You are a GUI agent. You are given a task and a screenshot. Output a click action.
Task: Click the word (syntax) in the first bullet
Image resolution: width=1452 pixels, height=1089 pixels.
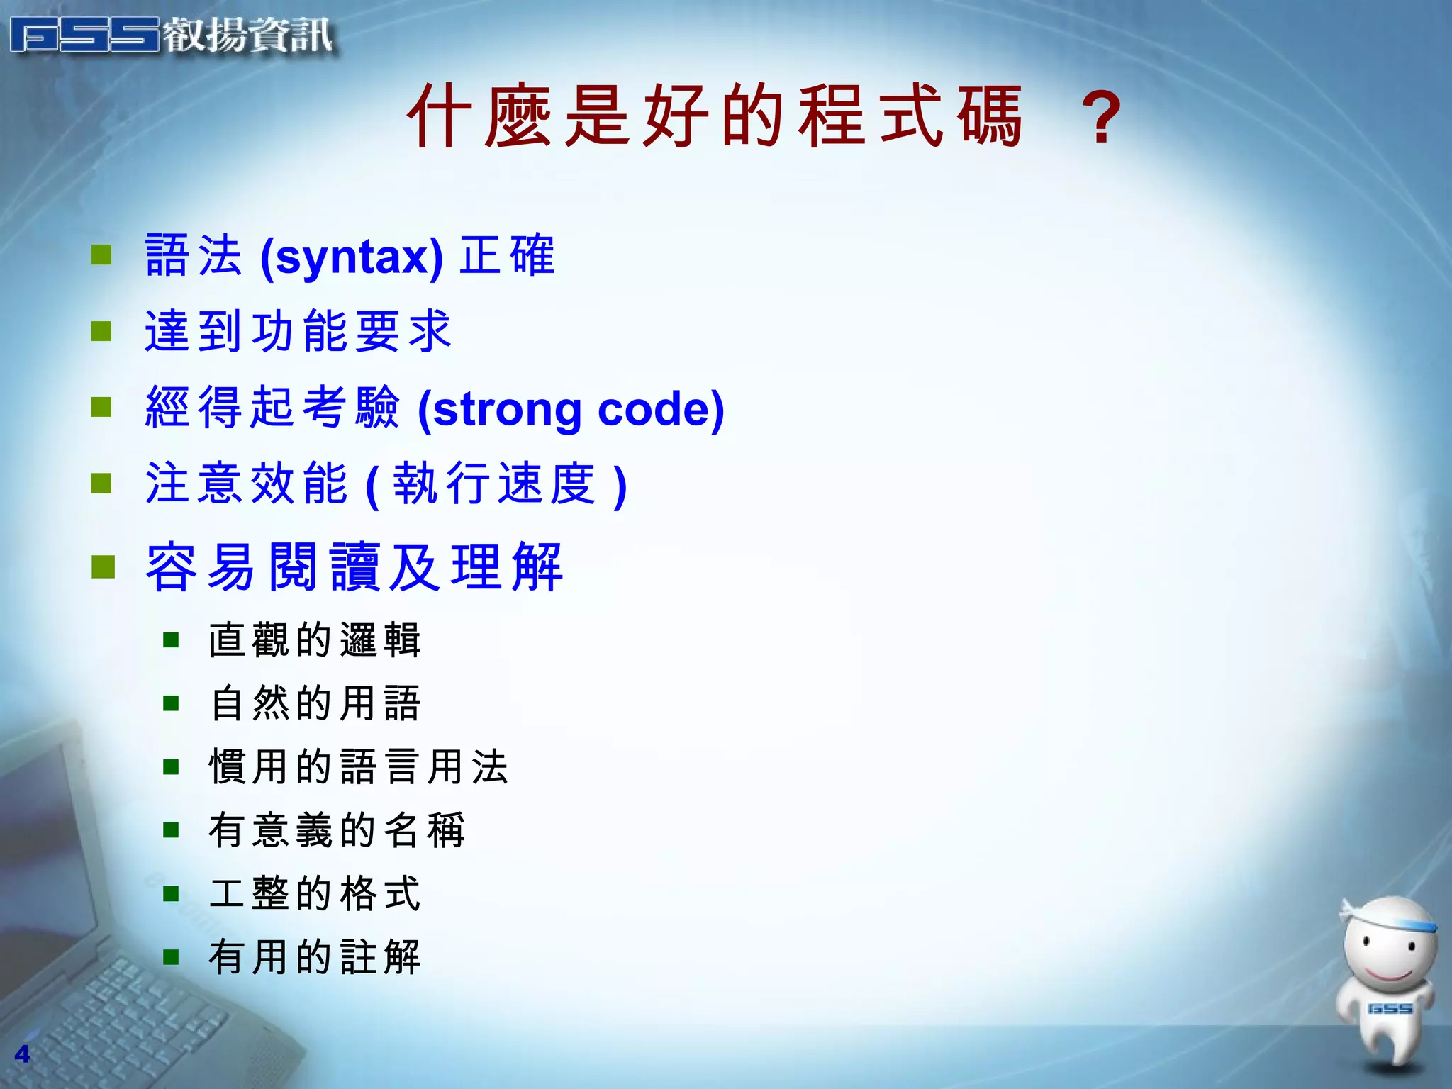coord(352,257)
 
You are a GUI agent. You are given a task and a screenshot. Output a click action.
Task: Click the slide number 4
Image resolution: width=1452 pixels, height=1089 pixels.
coord(22,1054)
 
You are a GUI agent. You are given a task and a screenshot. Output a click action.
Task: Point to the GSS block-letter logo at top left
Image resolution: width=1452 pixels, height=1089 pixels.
coord(85,35)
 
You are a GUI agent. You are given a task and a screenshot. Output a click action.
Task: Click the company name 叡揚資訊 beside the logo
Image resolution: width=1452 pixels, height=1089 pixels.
coord(248,35)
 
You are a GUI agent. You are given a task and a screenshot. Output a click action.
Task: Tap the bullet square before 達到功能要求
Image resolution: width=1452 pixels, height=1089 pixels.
coord(102,331)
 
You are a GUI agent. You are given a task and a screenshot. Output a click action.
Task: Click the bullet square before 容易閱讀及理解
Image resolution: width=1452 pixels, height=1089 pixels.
coord(104,566)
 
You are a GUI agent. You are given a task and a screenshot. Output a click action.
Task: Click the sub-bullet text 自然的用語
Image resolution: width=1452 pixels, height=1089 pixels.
coord(315,703)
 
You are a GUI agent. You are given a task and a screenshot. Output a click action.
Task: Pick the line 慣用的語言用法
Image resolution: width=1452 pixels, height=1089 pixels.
coord(359,767)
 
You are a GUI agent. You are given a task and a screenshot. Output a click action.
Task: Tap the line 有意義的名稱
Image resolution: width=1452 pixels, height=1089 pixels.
coord(337,830)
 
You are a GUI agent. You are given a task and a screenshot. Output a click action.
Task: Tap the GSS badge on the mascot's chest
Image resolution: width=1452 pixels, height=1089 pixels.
coord(1390,1008)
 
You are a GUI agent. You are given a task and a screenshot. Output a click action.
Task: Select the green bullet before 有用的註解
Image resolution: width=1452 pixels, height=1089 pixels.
coord(171,958)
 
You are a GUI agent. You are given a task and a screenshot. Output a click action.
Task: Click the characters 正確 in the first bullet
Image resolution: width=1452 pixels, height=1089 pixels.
coord(507,255)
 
